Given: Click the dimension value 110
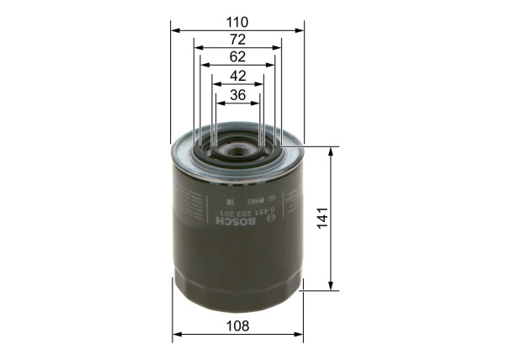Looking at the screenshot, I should click(237, 18).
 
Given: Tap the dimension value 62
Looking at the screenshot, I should click(237, 57).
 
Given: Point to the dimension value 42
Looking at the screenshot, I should click(237, 77).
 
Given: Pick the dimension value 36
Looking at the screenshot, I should click(237, 96).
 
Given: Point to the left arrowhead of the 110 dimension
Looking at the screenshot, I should click(174, 29).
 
